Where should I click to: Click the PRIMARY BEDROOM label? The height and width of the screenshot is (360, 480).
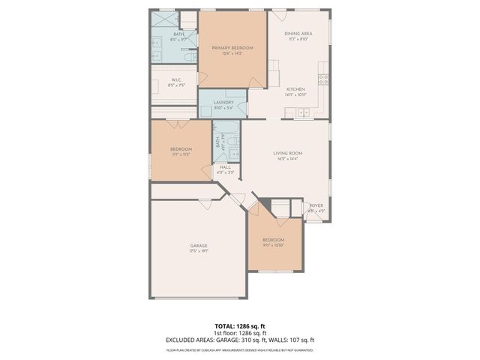click(x=232, y=48)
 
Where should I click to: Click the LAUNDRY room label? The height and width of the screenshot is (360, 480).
click(x=223, y=103)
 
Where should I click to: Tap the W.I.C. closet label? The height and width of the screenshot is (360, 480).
click(x=176, y=80)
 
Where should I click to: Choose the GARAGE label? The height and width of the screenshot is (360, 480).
click(x=199, y=245)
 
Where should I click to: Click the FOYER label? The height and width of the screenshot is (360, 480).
click(x=316, y=205)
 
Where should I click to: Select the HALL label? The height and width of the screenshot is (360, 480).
click(x=225, y=167)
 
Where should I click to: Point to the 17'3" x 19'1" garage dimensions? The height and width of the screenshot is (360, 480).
click(x=199, y=250)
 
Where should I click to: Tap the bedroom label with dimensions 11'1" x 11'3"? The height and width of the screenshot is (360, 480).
click(x=181, y=149)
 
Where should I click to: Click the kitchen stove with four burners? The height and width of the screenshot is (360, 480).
click(x=323, y=77)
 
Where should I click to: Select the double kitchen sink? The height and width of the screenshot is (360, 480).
click(x=303, y=113)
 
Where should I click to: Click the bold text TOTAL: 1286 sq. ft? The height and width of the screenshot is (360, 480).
click(x=239, y=326)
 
